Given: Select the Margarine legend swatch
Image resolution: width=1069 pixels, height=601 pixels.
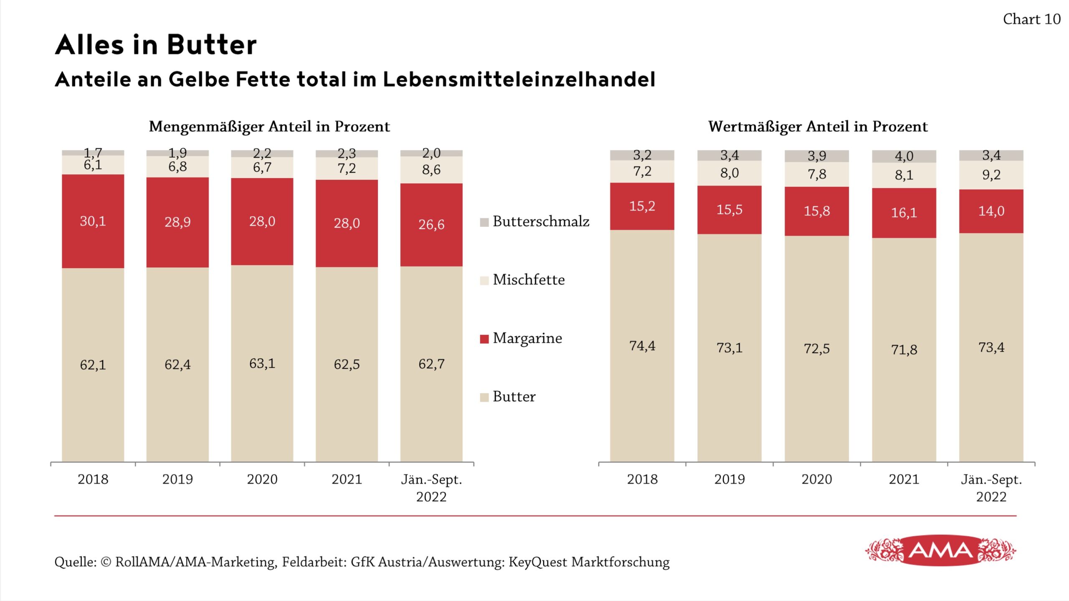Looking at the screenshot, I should tap(484, 339).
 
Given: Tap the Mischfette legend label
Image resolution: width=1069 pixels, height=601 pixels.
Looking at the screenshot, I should tap(528, 280).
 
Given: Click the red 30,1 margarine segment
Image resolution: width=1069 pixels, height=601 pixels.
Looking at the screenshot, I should tap(93, 221).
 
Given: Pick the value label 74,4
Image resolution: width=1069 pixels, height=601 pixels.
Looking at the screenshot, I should tap(642, 346).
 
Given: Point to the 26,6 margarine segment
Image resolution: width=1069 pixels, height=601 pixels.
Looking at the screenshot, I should tap(431, 225).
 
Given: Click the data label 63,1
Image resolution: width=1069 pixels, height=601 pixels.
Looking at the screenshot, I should tap(262, 364).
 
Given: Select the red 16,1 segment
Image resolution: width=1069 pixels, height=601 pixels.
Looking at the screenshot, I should tap(904, 213).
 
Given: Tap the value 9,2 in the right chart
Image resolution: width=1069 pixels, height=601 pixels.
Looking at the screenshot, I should tap(991, 175).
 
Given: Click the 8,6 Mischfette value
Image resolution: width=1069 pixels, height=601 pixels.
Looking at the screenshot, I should tap(431, 170).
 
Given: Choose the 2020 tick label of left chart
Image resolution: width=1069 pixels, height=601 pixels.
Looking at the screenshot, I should tap(262, 479).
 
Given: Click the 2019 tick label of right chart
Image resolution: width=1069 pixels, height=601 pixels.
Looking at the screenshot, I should tap(729, 479).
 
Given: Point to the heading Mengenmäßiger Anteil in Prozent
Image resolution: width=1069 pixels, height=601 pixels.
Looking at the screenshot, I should tap(269, 126).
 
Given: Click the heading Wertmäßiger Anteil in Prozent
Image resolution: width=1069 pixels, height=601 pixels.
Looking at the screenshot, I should tap(818, 126).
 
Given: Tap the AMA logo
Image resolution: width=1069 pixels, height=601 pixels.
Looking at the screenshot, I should tap(940, 551).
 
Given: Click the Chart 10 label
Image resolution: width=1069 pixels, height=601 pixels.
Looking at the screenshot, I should tap(1031, 19).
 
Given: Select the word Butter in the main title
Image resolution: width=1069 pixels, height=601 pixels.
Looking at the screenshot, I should tap(212, 45).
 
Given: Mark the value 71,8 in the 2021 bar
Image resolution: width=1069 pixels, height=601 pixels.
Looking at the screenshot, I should tap(904, 350).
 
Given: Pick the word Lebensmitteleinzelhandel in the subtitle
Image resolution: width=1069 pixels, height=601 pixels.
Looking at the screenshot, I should tap(519, 79).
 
